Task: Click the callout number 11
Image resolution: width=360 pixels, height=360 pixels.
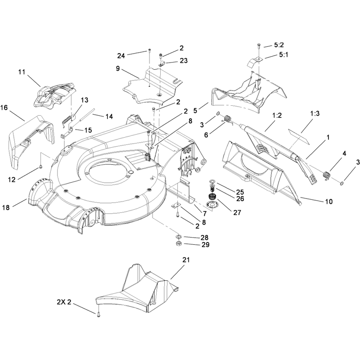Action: [22, 72]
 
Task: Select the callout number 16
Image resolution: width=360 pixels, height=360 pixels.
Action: [4, 108]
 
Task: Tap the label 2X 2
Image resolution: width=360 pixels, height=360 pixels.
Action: [64, 302]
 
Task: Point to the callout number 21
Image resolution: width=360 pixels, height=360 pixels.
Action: [186, 260]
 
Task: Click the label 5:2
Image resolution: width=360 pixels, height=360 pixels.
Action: [279, 45]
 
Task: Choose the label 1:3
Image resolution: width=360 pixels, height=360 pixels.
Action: [315, 113]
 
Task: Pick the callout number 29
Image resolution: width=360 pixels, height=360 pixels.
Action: [206, 245]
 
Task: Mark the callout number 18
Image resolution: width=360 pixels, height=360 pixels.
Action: [6, 207]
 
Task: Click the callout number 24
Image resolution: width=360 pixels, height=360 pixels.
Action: [121, 56]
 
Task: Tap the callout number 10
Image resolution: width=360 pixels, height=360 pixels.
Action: [329, 202]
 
